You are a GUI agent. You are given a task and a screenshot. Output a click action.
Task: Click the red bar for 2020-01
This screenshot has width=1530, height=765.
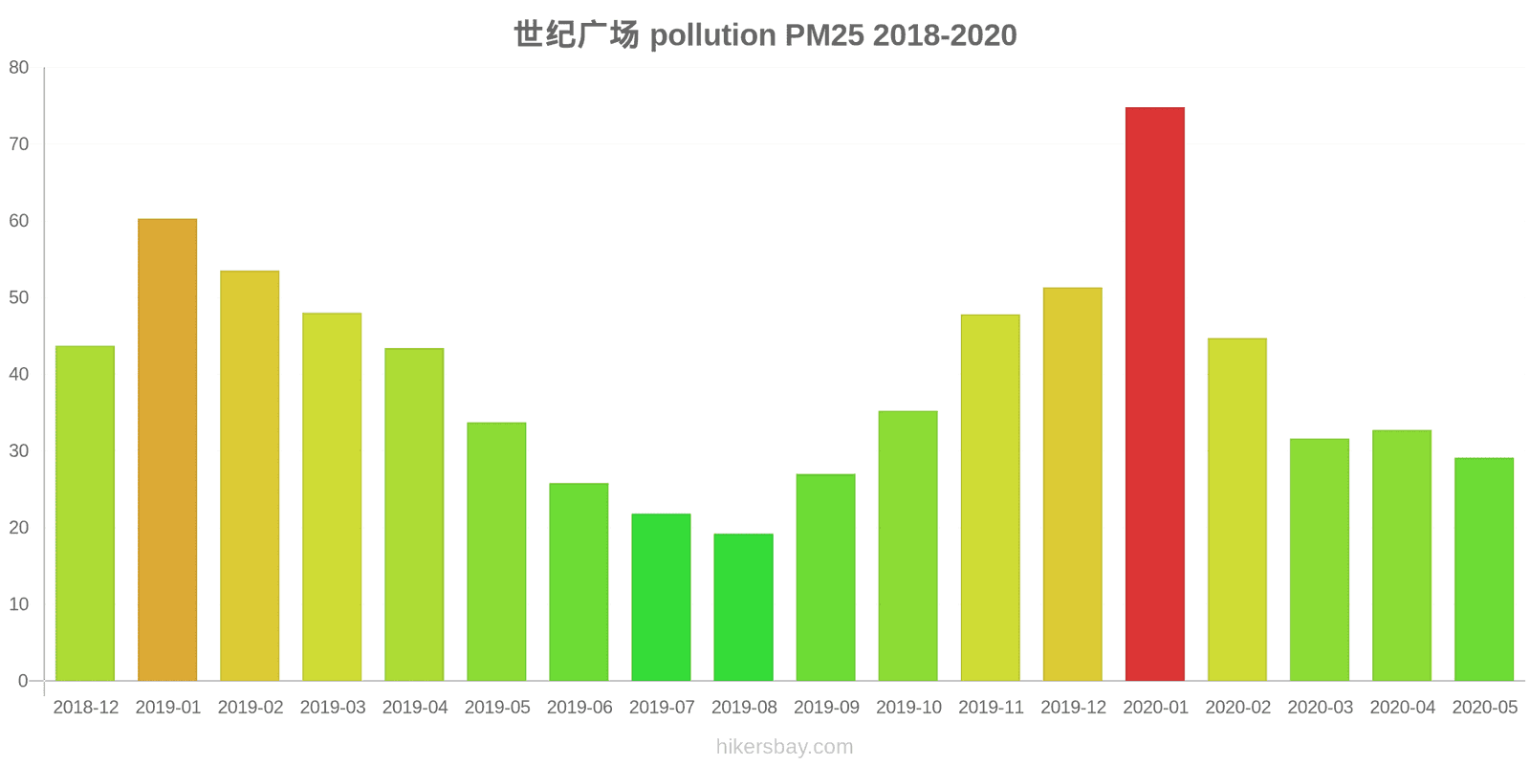coord(1154,394)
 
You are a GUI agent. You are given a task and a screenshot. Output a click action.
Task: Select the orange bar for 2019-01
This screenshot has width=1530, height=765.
coord(167,449)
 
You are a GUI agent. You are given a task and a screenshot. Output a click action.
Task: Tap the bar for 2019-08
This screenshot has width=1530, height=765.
coord(743,607)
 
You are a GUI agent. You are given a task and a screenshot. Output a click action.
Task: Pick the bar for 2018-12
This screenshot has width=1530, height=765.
coord(85,514)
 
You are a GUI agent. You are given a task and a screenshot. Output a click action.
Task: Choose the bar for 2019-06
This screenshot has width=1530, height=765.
coord(579,582)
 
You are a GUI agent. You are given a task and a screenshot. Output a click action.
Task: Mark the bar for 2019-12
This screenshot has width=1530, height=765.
coord(1072,484)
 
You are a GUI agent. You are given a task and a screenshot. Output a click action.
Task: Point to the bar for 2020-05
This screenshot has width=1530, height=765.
coord(1484,569)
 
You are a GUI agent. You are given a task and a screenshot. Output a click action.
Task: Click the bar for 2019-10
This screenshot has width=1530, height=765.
coord(907,546)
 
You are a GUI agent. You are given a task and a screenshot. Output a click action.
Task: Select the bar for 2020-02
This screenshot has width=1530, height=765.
coord(1236,510)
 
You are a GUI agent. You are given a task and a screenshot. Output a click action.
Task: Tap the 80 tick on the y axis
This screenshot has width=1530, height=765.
coord(19,68)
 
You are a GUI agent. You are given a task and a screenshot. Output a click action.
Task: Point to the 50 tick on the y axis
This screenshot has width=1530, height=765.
coord(19,297)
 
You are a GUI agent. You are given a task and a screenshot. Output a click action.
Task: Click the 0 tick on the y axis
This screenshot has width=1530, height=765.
coord(24,681)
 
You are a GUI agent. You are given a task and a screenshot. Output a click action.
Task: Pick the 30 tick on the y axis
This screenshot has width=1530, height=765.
coord(19,450)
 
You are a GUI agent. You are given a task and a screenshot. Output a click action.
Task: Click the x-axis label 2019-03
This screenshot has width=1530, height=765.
coord(333,708)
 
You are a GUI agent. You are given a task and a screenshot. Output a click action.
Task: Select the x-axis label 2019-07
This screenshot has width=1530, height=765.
coord(662,708)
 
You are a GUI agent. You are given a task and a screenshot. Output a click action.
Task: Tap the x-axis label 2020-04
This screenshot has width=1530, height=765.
coord(1403,708)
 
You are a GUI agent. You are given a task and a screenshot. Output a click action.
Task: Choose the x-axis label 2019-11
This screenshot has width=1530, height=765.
coord(991,708)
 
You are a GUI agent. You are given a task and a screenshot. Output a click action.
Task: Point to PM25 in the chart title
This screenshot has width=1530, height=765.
coord(824,35)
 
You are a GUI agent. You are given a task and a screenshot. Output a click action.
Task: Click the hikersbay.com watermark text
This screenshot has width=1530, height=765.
coord(784,747)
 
